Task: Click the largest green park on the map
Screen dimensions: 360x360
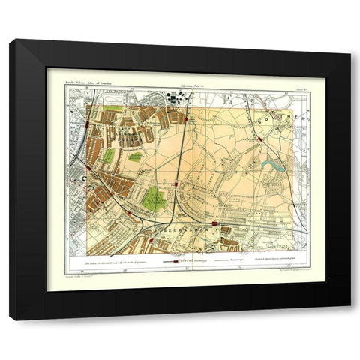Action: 154,199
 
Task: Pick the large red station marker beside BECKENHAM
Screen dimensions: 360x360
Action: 215,223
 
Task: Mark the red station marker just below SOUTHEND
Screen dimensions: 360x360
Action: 259,136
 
